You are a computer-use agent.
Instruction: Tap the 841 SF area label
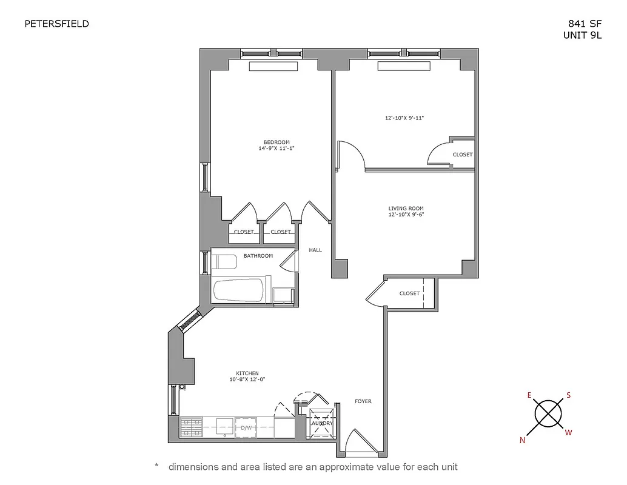point(585,24)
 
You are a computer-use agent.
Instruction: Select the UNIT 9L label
point(583,35)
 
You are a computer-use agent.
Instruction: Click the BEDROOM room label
point(276,142)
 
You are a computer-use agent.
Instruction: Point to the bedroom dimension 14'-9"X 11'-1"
point(276,149)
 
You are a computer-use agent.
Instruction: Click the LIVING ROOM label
point(406,209)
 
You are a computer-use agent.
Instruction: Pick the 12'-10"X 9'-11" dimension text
point(404,118)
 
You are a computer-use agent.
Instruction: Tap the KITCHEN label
point(247,373)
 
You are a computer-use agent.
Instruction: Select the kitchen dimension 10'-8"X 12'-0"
point(247,380)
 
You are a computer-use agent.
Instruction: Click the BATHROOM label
point(258,256)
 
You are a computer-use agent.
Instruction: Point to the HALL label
point(315,250)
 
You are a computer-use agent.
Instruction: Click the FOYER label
point(363,401)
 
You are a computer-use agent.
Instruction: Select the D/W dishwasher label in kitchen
point(246,427)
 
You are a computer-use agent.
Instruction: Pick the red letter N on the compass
point(522,441)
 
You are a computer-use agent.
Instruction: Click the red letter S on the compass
point(569,395)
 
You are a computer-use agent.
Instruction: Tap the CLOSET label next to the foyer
point(409,293)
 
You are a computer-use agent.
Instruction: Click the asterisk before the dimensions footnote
point(156,466)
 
